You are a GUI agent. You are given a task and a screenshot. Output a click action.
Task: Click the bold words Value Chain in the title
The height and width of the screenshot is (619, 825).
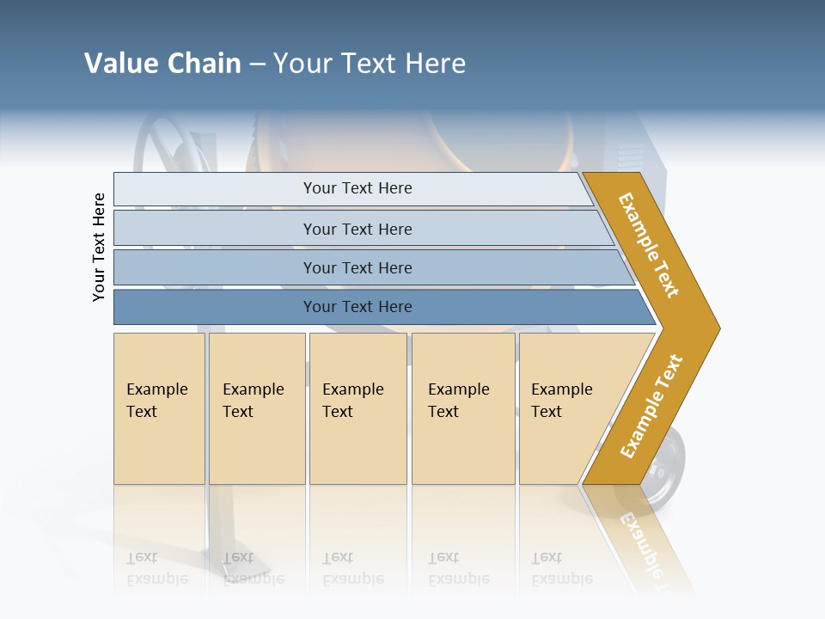[x=162, y=64]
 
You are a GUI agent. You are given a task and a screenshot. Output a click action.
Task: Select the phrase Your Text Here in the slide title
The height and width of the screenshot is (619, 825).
[x=370, y=64]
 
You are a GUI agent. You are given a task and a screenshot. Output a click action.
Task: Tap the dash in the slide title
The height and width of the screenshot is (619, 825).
[x=257, y=64]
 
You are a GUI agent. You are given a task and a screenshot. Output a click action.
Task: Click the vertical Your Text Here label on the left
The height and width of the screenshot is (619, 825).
[x=99, y=247]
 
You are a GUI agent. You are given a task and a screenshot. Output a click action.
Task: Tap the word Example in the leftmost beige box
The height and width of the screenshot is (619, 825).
[x=156, y=389]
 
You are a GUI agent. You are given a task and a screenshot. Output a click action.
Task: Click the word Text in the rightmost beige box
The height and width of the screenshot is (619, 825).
[x=546, y=412]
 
